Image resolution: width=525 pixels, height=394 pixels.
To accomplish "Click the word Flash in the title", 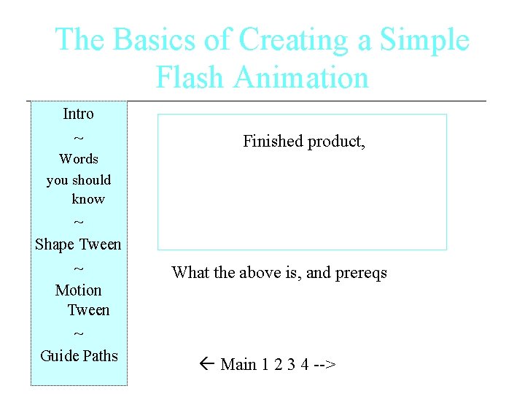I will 189,78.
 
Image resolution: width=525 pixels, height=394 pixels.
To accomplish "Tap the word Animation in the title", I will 299,78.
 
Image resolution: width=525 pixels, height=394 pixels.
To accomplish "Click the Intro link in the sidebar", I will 78,114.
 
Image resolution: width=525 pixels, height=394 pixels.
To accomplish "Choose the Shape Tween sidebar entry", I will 78,244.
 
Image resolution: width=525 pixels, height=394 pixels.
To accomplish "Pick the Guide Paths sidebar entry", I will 79,356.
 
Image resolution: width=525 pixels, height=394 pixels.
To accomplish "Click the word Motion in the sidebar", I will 78,290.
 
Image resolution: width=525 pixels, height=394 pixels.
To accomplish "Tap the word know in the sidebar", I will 88,199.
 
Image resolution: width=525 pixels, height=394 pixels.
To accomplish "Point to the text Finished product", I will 303,142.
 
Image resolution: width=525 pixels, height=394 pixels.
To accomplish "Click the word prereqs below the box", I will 361,273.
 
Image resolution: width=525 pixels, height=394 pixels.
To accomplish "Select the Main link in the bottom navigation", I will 238,364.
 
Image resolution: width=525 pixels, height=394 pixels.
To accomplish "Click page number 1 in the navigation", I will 266,364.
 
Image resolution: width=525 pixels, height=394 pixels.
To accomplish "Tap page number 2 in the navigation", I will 279,364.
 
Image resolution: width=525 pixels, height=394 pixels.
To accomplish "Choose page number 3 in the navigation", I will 291,364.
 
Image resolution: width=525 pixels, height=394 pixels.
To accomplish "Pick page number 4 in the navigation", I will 304,364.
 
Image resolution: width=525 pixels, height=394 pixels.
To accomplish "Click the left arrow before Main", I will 206,364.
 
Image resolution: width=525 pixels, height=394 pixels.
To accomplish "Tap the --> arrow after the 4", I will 324,364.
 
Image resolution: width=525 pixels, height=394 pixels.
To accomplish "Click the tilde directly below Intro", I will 79,138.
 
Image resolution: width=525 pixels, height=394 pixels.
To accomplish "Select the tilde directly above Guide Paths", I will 79,335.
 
